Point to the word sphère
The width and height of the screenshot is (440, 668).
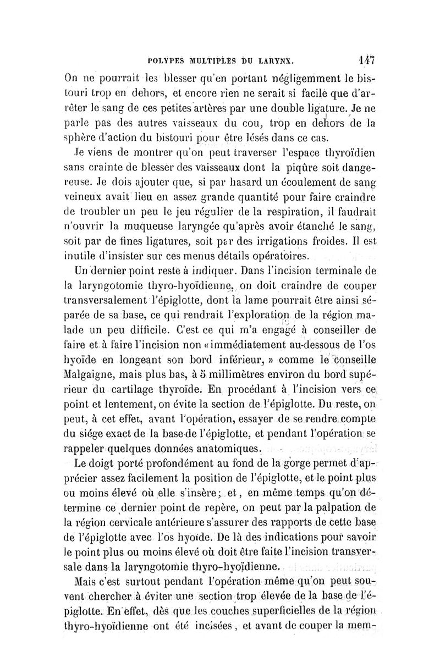tap(81, 137)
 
